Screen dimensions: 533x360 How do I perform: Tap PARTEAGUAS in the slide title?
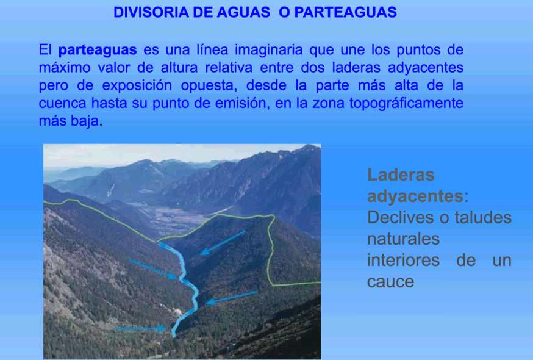coord(345,12)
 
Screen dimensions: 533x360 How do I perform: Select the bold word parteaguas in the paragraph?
coord(98,50)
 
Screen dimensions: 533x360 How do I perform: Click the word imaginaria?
coord(268,49)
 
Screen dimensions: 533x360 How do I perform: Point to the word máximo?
coord(65,67)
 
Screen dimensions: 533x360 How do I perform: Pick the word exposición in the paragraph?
coord(137,85)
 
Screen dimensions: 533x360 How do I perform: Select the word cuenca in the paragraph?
coord(63,103)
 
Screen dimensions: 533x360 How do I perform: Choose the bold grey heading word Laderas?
coord(401,175)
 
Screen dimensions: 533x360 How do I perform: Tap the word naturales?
coord(404,239)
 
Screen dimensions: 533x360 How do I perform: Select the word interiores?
coord(404,261)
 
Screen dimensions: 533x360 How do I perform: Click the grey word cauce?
coord(390,282)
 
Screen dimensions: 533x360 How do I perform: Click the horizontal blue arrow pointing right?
coord(141,329)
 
